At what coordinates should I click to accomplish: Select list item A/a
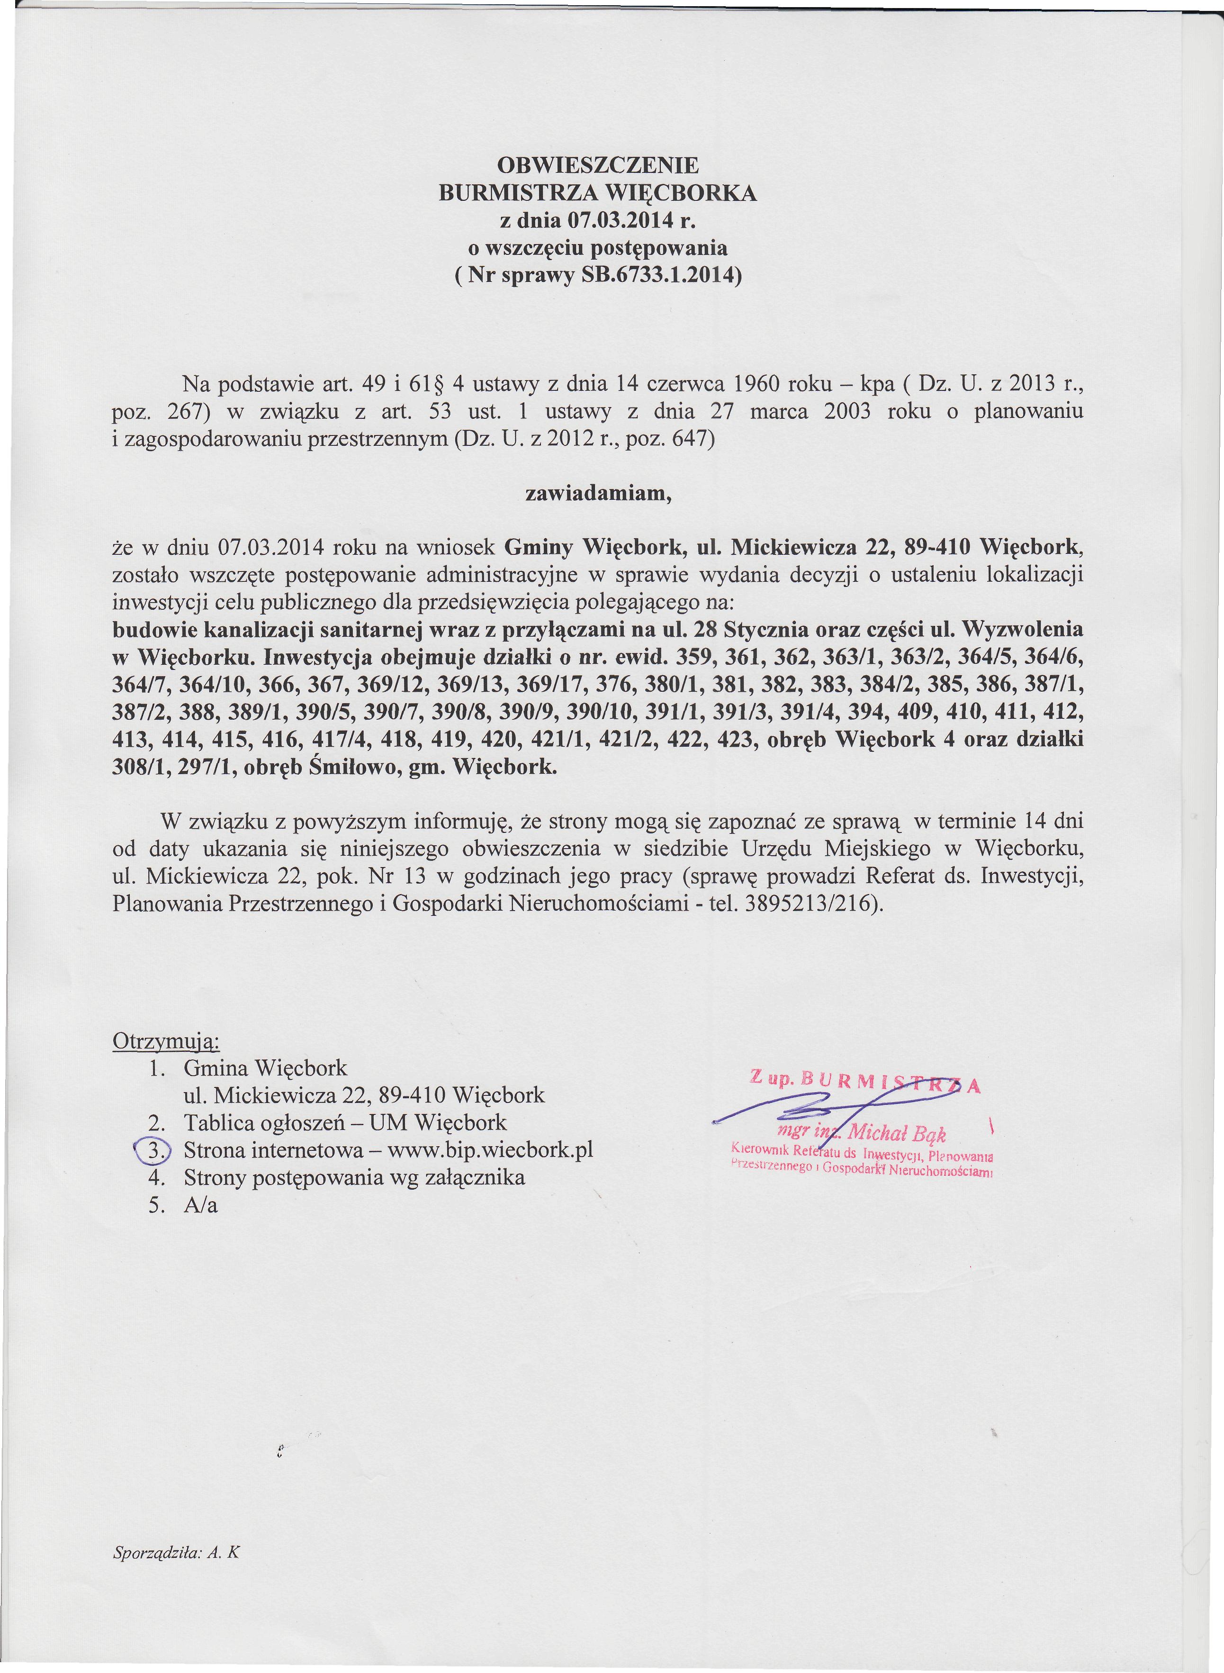(x=201, y=1205)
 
